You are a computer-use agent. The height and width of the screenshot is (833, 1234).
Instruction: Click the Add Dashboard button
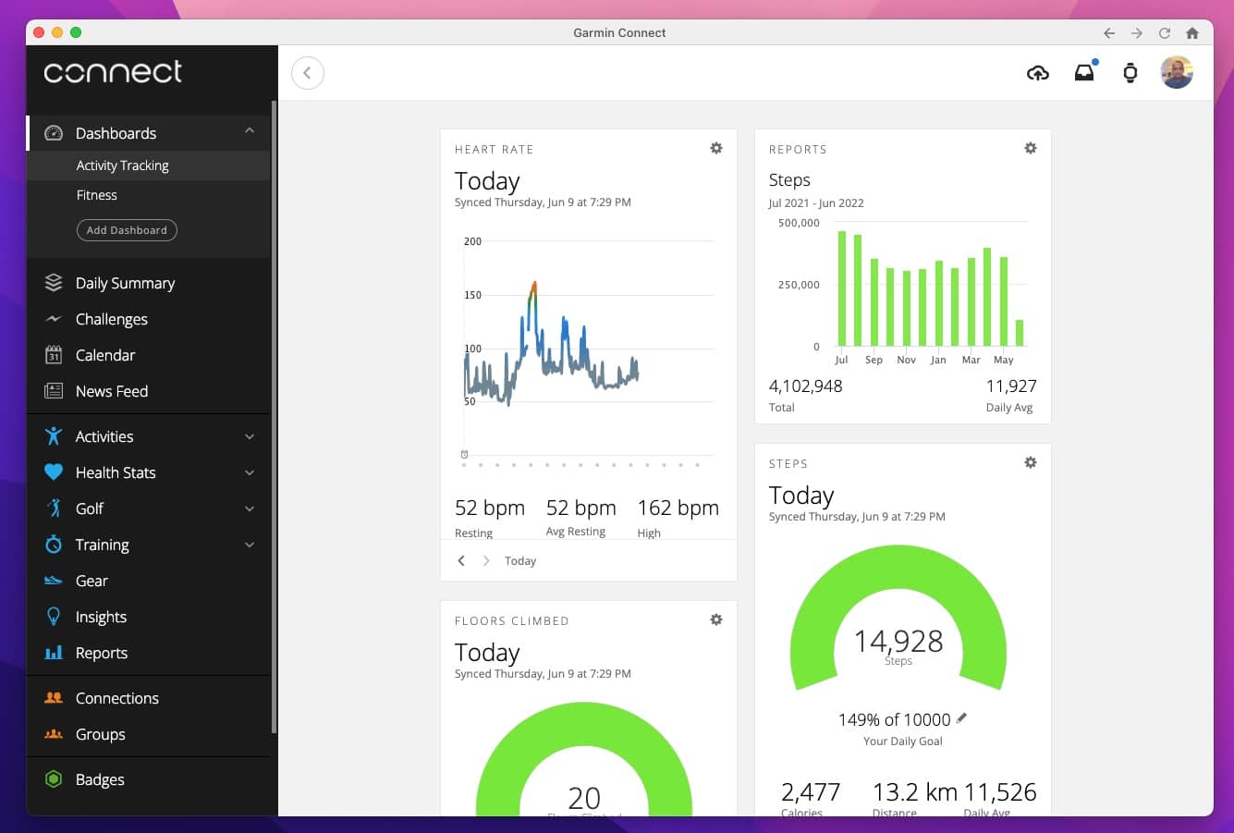[x=127, y=230]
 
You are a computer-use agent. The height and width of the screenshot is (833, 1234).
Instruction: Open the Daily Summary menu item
[x=125, y=283]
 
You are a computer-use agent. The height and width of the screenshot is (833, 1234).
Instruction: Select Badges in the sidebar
[x=100, y=779]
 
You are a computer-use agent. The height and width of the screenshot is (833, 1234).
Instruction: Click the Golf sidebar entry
[x=90, y=508]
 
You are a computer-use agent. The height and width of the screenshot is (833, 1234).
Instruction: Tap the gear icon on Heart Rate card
[x=716, y=148]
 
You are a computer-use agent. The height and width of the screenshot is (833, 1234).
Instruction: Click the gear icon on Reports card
[x=1031, y=148]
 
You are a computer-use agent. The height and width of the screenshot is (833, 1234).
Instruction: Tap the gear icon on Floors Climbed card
[x=716, y=619]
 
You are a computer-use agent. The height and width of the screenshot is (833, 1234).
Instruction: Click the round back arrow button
[x=308, y=73]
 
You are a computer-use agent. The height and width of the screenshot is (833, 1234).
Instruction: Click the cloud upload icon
[x=1038, y=73]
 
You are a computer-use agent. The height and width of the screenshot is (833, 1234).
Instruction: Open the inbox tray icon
[x=1084, y=73]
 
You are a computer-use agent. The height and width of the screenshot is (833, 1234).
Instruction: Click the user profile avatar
[x=1177, y=72]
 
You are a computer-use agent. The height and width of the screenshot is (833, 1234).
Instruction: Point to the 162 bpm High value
[x=678, y=508]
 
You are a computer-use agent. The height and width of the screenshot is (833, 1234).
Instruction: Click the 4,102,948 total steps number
[x=805, y=386]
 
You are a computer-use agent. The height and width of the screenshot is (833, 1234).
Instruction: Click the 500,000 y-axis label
[x=799, y=223]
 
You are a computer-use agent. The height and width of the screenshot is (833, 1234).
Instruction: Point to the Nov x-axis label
[x=906, y=360]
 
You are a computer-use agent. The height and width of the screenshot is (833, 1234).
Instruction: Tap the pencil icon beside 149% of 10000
[x=961, y=718]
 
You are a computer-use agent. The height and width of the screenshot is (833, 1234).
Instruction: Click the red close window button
[x=39, y=32]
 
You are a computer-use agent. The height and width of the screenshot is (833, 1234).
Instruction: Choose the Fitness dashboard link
[x=97, y=195]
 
